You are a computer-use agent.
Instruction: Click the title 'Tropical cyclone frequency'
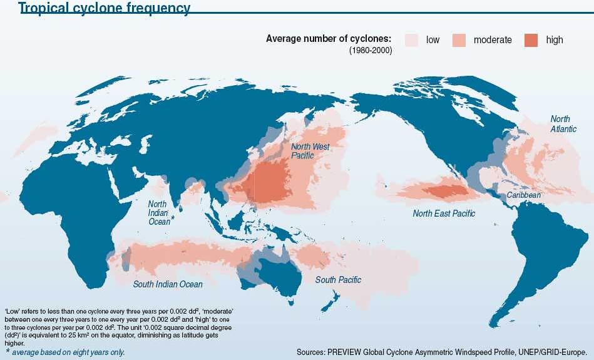coord(105,8)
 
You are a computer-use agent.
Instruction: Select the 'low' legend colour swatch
coord(411,40)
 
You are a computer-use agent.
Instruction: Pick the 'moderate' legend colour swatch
coord(459,40)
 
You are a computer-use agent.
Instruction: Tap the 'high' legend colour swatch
coord(531,40)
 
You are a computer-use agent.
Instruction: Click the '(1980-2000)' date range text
coord(371,51)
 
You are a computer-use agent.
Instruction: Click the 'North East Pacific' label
coord(444,213)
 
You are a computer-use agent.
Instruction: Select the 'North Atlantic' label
coord(560,124)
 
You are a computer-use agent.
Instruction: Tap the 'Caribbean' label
coord(523,195)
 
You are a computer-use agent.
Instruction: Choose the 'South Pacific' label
coord(338,280)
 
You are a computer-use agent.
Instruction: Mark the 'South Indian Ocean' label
coord(168,284)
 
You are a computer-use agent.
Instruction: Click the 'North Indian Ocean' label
coord(158,213)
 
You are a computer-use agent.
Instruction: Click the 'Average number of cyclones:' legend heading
coord(329,39)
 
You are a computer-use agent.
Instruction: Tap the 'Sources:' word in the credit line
coord(314,351)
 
